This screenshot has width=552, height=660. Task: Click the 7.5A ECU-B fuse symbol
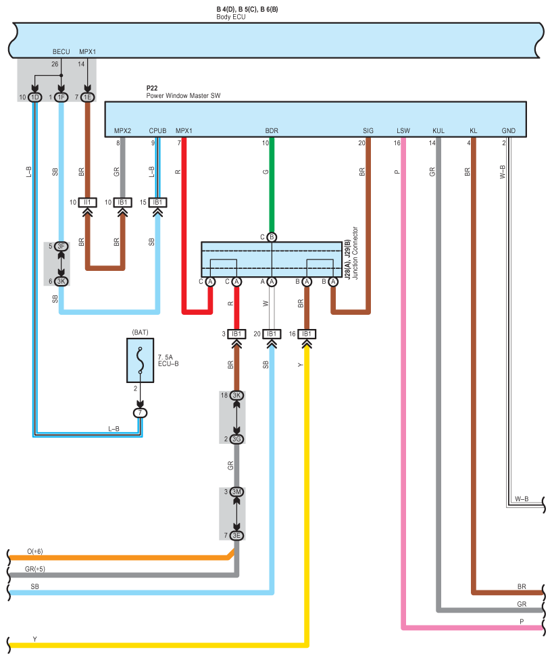[141, 360]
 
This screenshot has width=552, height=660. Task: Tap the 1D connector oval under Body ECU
[35, 98]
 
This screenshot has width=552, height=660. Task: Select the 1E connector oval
[88, 98]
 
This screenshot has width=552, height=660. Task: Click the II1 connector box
[88, 203]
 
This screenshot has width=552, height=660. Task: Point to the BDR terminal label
[272, 131]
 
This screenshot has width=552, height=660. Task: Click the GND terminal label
[508, 131]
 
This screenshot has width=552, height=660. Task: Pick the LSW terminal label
[403, 131]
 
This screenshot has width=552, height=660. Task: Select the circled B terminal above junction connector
[272, 237]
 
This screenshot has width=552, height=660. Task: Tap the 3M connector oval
[236, 492]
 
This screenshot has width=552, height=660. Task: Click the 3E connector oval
[236, 536]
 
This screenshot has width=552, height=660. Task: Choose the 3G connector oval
[236, 439]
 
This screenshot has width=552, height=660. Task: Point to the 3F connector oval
[61, 247]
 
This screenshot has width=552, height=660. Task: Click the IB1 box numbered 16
[307, 334]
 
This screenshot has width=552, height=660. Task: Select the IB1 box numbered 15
[157, 203]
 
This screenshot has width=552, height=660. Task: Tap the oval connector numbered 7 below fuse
[141, 413]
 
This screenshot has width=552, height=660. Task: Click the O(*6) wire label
[35, 551]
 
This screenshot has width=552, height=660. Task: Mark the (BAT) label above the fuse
[141, 332]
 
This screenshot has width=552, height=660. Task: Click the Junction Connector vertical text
[355, 253]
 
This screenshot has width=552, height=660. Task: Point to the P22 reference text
[152, 88]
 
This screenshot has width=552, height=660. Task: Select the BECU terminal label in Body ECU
[61, 52]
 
